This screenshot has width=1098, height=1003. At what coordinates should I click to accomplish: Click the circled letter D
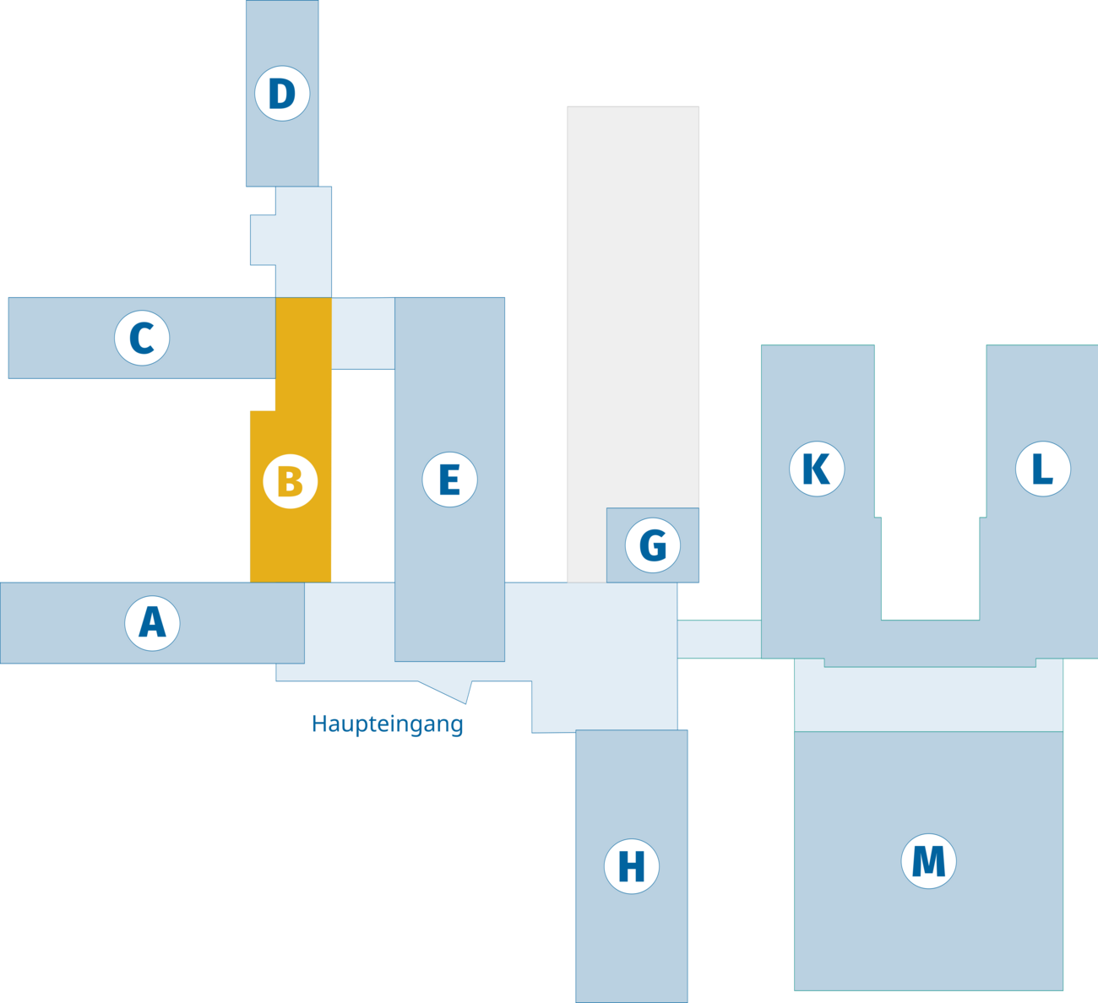[x=282, y=94]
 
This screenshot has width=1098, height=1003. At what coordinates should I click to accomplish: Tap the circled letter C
[x=142, y=339]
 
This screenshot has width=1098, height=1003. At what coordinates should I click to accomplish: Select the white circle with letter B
[x=290, y=481]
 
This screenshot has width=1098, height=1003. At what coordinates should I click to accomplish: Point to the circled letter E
[x=449, y=480]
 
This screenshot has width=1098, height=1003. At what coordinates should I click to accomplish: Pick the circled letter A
[x=153, y=623]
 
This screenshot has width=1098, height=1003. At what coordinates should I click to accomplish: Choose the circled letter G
[x=653, y=545]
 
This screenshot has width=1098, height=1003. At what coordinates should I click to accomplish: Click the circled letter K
[x=817, y=469]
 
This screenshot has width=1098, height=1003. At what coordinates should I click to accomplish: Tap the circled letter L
[x=1042, y=469]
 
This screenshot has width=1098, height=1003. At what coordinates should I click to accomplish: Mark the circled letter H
[x=632, y=865]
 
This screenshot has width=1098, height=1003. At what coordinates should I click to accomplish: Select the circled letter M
[x=928, y=861]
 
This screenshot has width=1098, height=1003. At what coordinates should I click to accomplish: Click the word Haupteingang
[x=388, y=724]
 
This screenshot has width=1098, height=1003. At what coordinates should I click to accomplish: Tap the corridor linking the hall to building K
[x=719, y=638]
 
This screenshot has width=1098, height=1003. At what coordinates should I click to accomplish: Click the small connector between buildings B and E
[x=362, y=333]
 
